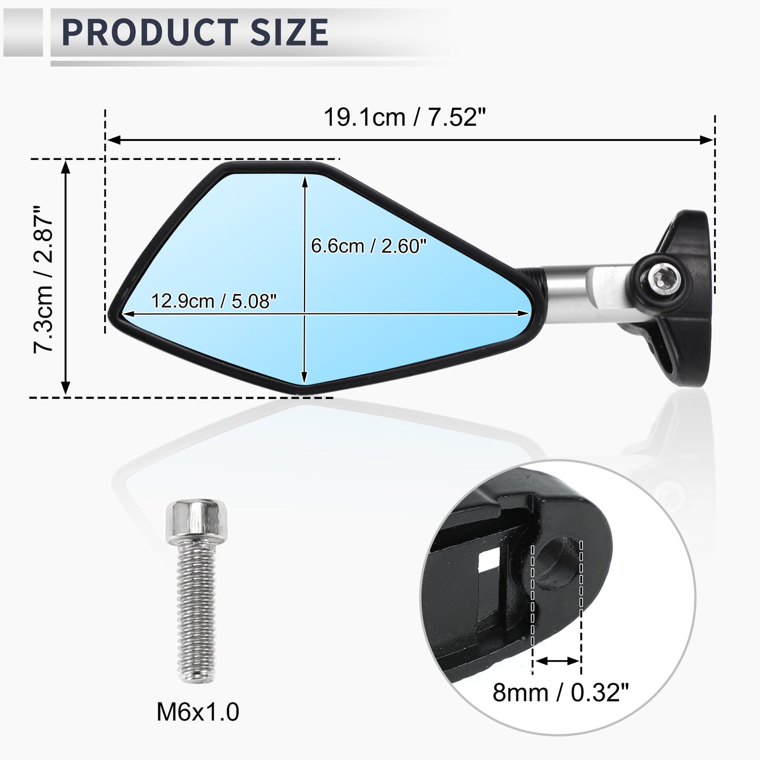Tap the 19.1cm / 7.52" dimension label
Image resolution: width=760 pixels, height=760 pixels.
(404, 117)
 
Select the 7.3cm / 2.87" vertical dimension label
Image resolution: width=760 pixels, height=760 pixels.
(43, 279)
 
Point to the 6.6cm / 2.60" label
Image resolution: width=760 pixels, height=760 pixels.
(369, 246)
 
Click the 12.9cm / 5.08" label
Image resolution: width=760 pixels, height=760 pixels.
(214, 301)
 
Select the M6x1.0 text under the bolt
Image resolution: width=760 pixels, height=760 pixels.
(198, 712)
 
